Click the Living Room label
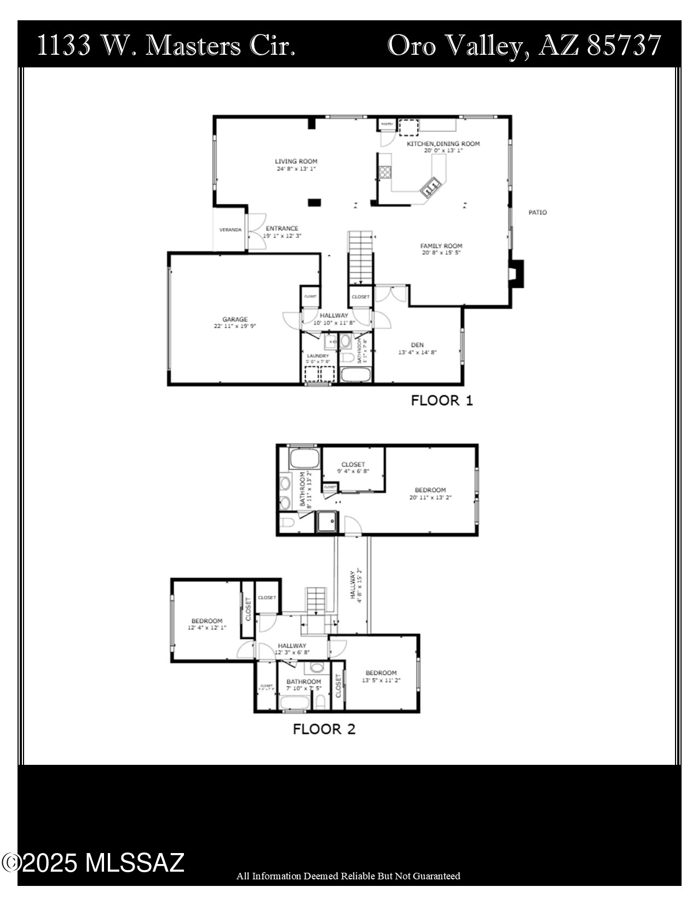(296, 162)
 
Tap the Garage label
(235, 319)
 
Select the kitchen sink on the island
(431, 187)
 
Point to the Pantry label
(387, 124)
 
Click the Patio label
(537, 213)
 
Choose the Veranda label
(230, 230)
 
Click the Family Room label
(441, 246)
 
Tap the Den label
(417, 345)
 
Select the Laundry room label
(318, 356)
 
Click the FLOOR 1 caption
(442, 400)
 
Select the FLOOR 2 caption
(324, 729)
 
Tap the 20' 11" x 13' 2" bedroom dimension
(430, 498)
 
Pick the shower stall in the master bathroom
(326, 522)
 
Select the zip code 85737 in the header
(624, 45)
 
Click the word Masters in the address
(194, 45)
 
